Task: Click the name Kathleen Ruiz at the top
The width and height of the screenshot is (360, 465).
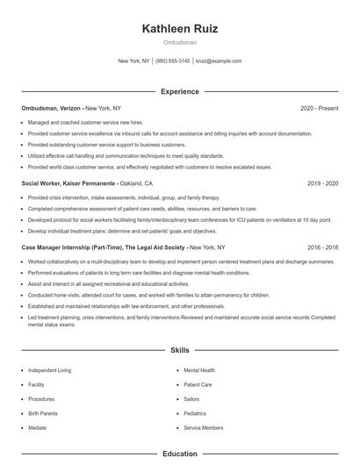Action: tap(180, 29)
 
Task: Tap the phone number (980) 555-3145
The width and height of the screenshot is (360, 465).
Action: tap(173, 61)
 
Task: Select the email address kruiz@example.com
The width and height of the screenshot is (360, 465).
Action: tap(219, 61)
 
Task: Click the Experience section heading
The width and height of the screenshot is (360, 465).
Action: tap(180, 91)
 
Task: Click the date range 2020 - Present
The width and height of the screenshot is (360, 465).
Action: tap(320, 108)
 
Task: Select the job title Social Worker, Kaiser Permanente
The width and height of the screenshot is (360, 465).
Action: tap(70, 184)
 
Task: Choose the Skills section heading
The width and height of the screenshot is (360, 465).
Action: tap(180, 350)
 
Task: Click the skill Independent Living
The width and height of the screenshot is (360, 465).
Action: tap(48, 370)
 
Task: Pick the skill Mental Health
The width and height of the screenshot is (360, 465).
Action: tap(199, 370)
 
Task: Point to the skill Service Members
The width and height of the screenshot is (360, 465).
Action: tap(204, 426)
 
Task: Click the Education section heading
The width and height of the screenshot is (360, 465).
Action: tap(180, 454)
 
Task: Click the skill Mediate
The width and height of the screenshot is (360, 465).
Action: tap(37, 426)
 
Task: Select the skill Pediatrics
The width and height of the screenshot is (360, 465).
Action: tap(196, 412)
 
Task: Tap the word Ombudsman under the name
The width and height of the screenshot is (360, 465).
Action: tap(180, 42)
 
